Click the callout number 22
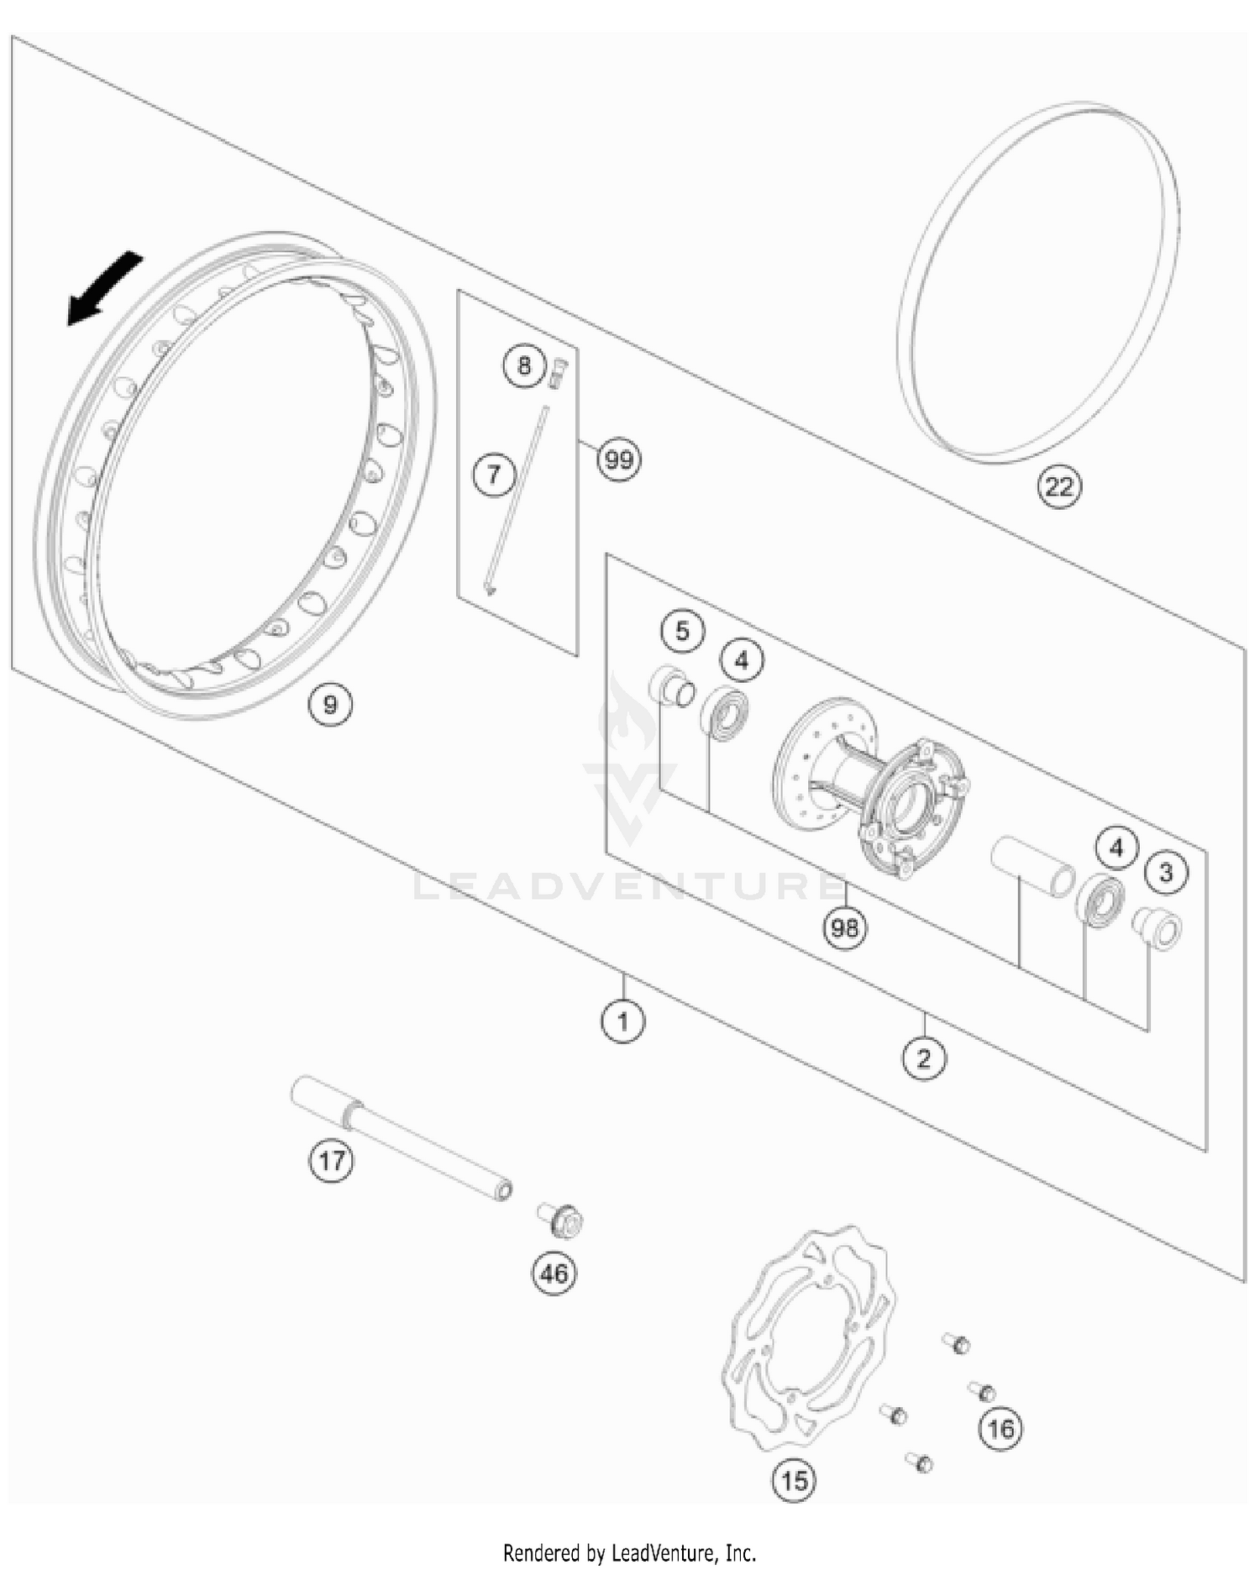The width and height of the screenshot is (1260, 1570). (x=1059, y=486)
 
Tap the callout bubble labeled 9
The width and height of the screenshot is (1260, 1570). (x=330, y=704)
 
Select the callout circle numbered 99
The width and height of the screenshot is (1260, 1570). (x=619, y=459)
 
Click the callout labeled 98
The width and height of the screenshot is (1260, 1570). (x=845, y=928)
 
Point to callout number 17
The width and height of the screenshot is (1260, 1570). (x=331, y=1161)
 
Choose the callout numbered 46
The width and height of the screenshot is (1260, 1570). (x=554, y=1273)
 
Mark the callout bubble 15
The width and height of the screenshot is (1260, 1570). (x=794, y=1479)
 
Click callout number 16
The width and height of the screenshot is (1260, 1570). (x=1000, y=1428)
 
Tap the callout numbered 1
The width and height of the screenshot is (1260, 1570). (x=622, y=1021)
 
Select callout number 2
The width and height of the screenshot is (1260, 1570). (x=924, y=1058)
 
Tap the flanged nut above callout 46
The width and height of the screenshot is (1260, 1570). (x=562, y=1220)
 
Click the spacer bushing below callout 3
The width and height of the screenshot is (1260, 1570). (x=1158, y=928)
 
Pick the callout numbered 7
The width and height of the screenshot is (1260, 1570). (x=493, y=475)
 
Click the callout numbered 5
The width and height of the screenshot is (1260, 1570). (x=682, y=630)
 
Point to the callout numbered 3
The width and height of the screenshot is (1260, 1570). (x=1166, y=873)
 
